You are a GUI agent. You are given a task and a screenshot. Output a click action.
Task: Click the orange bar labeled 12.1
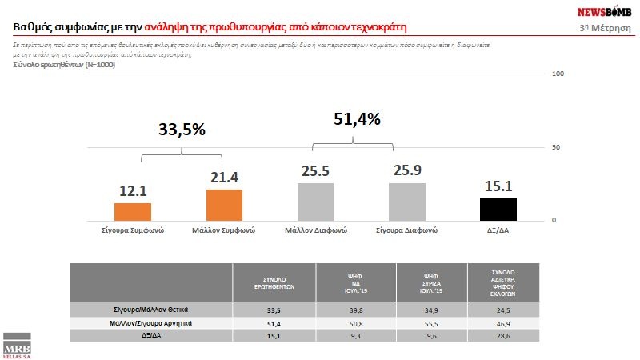tap(133, 211)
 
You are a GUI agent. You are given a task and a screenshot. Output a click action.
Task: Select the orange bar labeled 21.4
tap(224, 205)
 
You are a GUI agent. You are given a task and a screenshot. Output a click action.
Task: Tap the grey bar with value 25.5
tap(315, 202)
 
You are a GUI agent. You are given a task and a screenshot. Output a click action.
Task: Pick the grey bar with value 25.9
tap(407, 202)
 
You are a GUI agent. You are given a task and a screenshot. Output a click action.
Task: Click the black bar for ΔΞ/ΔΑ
tap(498, 209)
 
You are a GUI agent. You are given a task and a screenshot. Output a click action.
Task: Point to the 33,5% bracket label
tap(181, 129)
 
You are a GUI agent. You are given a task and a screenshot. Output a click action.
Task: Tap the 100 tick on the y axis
tap(559, 74)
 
